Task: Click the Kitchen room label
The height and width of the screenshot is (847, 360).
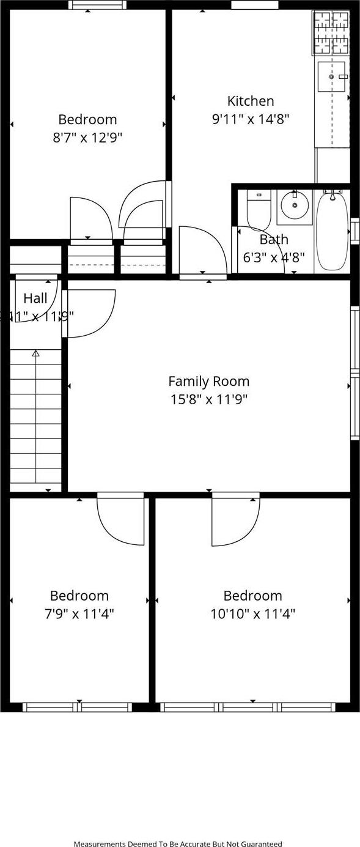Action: pos(251,101)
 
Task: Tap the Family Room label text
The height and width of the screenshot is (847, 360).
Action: pos(208,382)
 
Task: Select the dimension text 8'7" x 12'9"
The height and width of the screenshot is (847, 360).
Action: pos(87,138)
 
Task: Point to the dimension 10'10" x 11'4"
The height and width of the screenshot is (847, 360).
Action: pos(252,613)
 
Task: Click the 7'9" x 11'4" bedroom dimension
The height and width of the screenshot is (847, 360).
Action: pos(79,613)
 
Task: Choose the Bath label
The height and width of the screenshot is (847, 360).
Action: pos(273,239)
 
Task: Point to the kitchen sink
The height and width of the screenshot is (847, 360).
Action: pos(331,77)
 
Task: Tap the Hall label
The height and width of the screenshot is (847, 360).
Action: pos(35,298)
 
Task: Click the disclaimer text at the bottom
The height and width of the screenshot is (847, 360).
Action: pos(178,844)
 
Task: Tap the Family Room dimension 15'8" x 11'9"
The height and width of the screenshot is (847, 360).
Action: pos(208,399)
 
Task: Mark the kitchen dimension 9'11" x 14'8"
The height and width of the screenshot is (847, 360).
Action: pos(251,119)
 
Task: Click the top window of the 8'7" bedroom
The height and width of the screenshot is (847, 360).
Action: pos(98,5)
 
